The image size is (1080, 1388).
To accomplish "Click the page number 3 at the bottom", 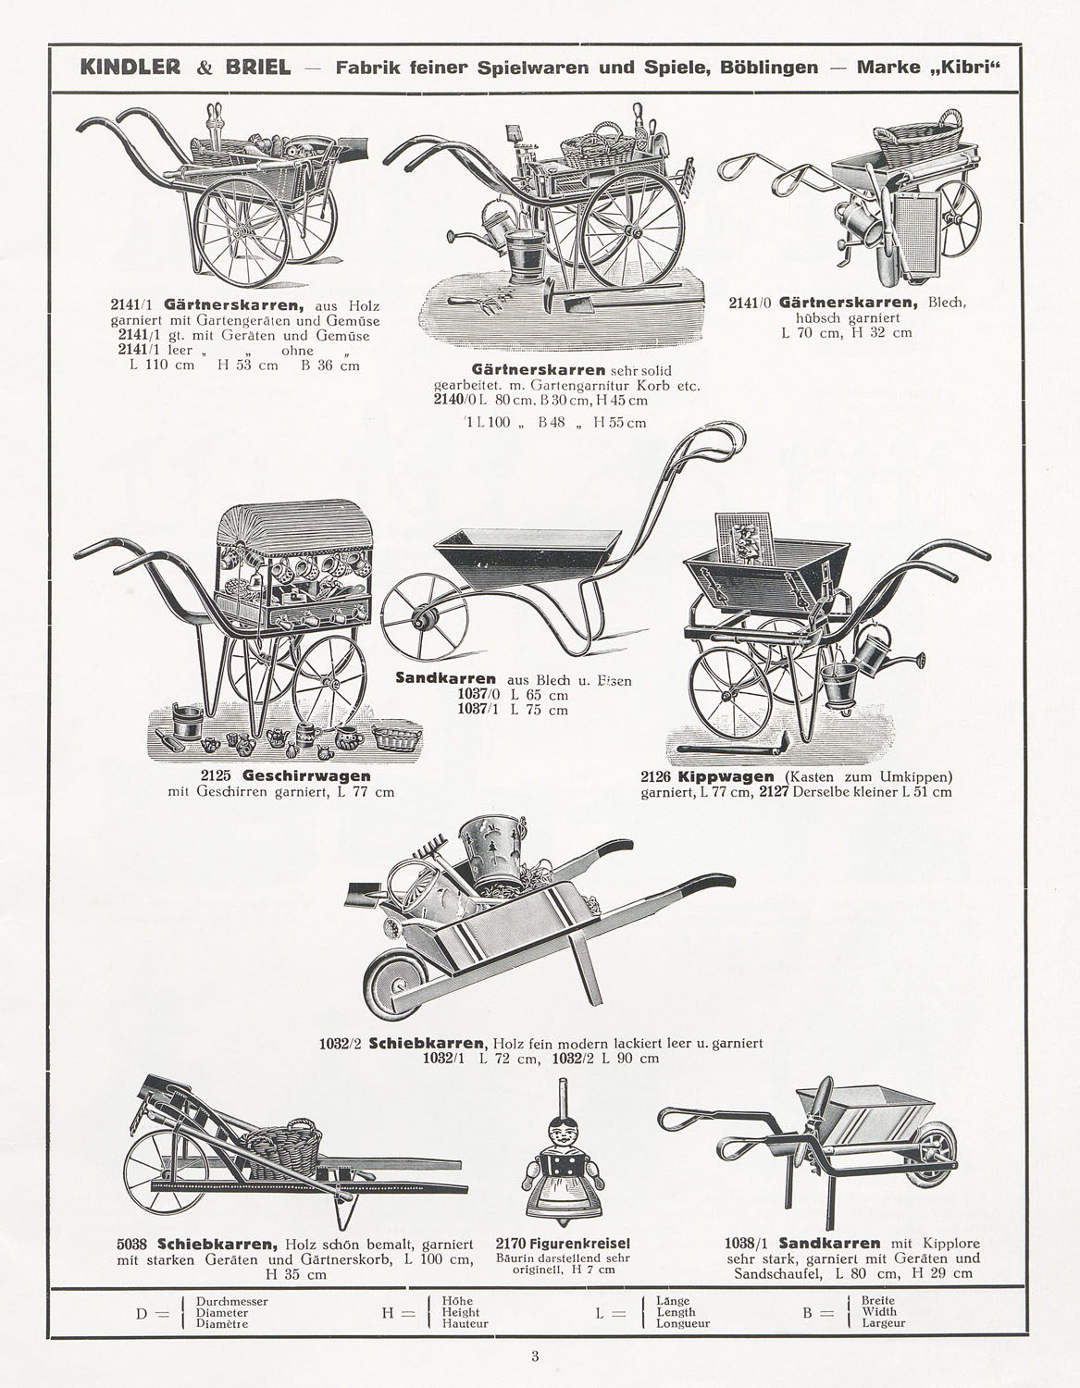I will click(535, 1357).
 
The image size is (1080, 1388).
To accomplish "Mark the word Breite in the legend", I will click(877, 1300).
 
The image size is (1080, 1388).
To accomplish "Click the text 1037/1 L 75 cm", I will click(513, 711).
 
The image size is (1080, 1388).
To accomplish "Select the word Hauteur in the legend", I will click(465, 1324).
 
